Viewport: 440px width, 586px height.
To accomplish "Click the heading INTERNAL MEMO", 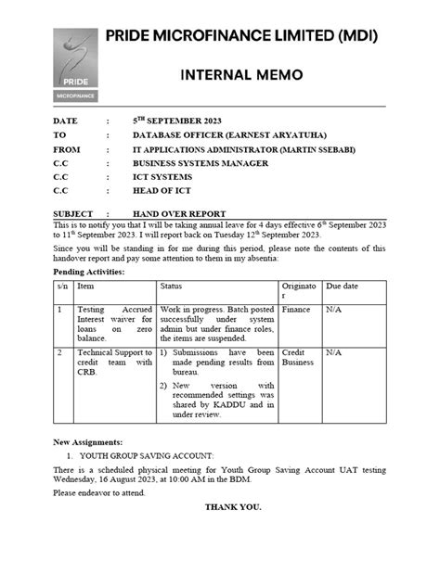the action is pos(240,75).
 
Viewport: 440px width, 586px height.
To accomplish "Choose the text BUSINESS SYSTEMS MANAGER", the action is pos(201,163).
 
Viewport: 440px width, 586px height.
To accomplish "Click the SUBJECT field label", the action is pos(73,213).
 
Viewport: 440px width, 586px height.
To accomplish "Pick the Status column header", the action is pos(172,287).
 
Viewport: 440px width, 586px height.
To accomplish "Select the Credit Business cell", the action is pos(299,359).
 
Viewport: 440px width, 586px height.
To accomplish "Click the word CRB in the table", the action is pos(87,375).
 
